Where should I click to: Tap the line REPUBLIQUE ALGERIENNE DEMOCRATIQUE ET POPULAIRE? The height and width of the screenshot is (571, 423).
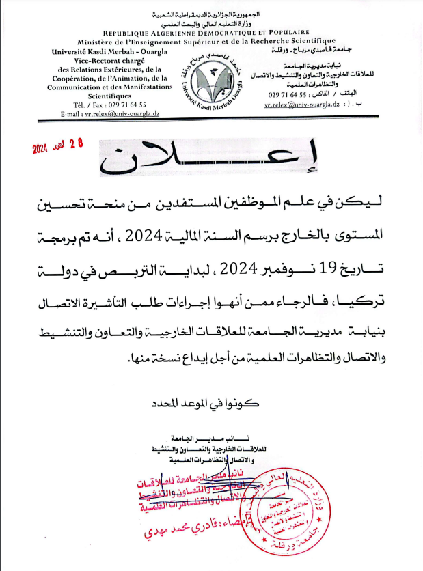click(206, 32)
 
